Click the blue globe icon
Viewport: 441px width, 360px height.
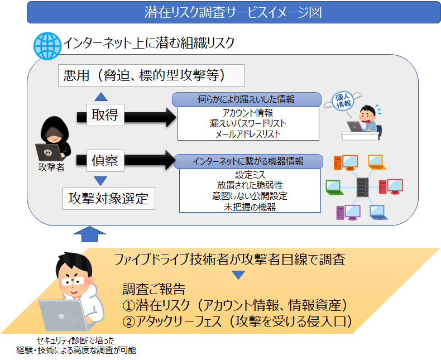tap(47, 46)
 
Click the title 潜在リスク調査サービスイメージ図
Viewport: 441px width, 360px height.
tap(233, 12)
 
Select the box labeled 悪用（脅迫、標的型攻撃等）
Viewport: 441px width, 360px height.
tap(151, 75)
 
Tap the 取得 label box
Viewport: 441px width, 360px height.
tap(105, 115)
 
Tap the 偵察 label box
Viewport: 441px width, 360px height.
tap(105, 161)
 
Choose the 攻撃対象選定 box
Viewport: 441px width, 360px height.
tap(108, 199)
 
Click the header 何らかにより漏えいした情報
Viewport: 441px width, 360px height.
tap(246, 99)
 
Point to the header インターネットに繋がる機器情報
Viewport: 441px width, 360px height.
tap(248, 161)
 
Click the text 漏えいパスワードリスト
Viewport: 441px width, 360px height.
tap(248, 123)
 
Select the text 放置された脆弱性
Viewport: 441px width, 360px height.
tap(250, 185)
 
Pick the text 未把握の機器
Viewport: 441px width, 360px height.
tap(250, 207)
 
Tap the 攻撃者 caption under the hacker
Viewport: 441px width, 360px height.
tap(51, 167)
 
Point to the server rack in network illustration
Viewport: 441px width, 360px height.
tap(362, 187)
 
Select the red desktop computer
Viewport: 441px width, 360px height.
tap(391, 186)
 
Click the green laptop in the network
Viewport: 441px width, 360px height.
tap(334, 188)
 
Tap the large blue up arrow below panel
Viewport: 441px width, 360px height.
tap(90, 234)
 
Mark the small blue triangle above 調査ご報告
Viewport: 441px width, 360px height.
tap(238, 275)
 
